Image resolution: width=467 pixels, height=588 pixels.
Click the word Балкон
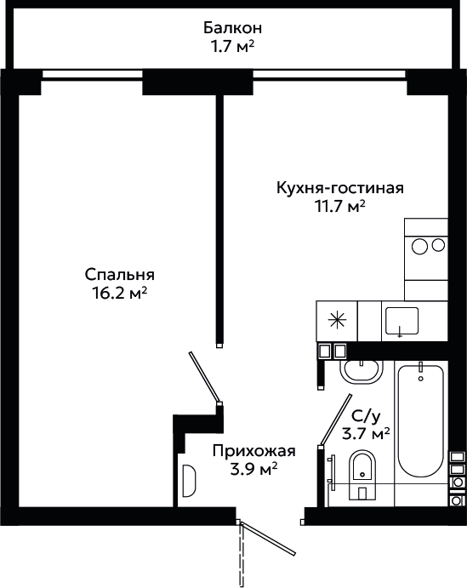tap(232, 28)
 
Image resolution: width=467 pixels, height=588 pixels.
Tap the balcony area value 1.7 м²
tap(232, 47)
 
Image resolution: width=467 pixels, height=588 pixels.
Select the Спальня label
tap(120, 275)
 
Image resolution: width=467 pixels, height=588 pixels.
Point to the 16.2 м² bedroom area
tap(120, 294)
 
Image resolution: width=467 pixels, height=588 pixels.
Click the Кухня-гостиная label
tap(340, 187)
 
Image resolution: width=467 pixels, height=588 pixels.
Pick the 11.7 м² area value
tap(340, 206)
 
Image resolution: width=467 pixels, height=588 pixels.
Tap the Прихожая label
tap(254, 451)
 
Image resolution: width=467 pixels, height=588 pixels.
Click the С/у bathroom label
tap(366, 415)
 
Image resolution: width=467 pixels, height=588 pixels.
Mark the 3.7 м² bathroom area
tap(366, 434)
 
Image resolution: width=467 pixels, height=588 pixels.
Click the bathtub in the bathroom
tap(420, 420)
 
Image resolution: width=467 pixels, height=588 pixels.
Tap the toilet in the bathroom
tap(362, 475)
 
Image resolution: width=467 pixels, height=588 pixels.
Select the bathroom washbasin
tap(362, 372)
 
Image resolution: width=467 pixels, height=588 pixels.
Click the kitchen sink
tap(402, 321)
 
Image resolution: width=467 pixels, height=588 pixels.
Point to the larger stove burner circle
tap(419, 247)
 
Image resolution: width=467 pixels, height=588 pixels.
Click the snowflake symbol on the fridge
tap(337, 321)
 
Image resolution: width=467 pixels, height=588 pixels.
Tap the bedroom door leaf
tap(204, 377)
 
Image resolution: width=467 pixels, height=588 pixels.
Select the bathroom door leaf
tap(336, 420)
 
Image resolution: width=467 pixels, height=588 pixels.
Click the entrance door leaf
tap(269, 539)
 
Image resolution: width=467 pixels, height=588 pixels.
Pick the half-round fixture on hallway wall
tap(190, 481)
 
